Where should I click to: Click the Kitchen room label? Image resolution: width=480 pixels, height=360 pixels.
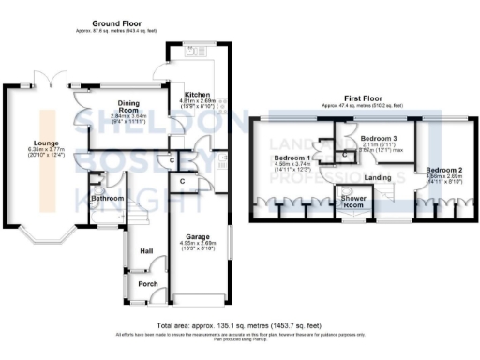click(x=196, y=95)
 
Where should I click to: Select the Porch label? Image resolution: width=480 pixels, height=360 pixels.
click(x=148, y=284)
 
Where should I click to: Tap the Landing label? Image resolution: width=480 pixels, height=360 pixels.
click(x=378, y=176)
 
